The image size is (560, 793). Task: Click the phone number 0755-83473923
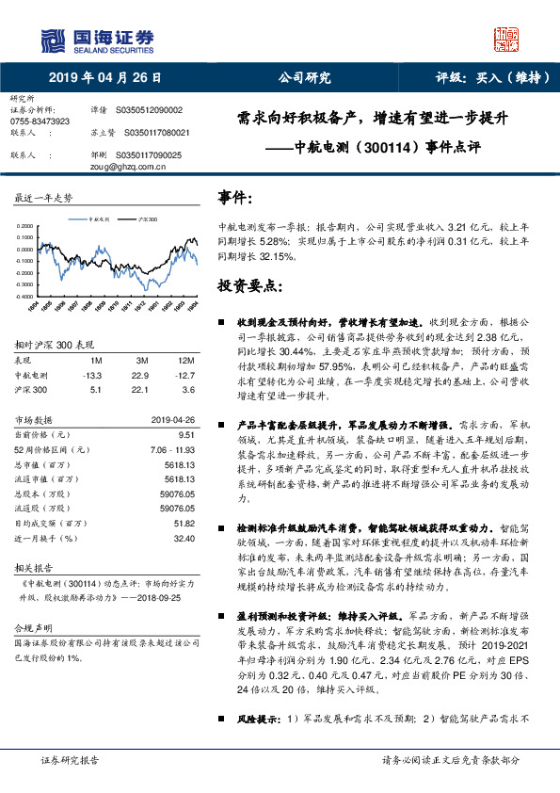pos(39,121)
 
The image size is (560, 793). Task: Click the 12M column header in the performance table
pos(184,360)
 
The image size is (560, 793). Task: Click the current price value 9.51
pos(185,434)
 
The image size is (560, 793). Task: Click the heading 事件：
pos(235,198)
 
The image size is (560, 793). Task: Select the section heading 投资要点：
pos(248,284)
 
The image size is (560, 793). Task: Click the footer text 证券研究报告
pos(70,760)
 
